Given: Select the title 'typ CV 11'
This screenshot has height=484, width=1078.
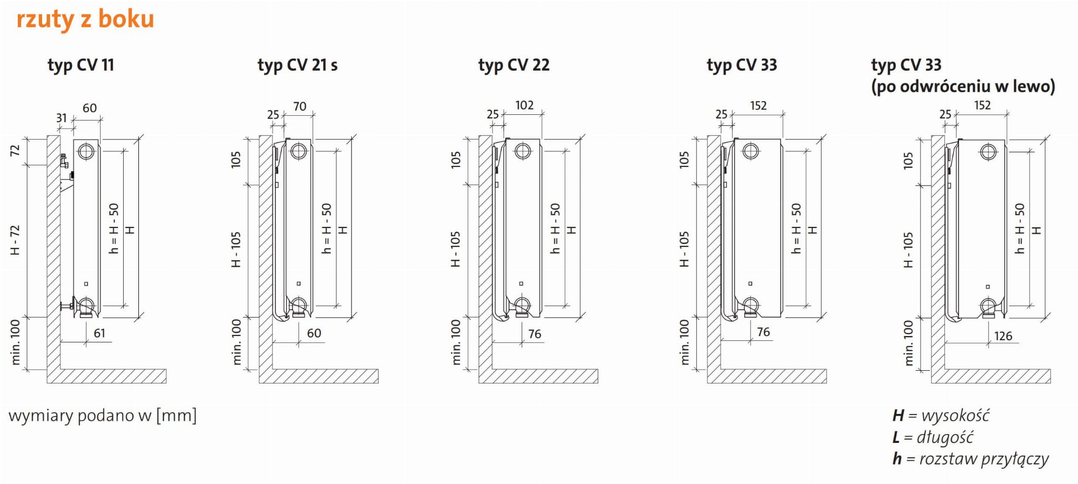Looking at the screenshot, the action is (81, 65).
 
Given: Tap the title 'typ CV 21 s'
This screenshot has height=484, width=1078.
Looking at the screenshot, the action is (297, 65).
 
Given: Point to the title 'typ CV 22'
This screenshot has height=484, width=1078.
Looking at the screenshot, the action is (514, 65).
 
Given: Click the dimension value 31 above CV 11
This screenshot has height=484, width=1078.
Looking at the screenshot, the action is (62, 118).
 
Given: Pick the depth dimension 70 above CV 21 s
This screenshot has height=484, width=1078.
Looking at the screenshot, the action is (300, 106).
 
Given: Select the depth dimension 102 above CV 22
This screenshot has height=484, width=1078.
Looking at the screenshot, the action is (524, 105).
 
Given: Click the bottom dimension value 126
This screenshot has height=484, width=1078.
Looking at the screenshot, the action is (1003, 336).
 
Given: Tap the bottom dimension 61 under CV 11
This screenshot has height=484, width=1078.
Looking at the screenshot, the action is (99, 333).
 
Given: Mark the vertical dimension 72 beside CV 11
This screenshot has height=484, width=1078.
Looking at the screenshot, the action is (15, 150).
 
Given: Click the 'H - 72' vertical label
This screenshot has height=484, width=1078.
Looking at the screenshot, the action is (15, 240).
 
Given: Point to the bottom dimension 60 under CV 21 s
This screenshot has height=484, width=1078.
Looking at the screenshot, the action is (314, 333).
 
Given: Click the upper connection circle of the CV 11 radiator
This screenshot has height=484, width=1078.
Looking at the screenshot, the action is (86, 152).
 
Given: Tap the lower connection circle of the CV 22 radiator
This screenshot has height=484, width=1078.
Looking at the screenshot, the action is (522, 305).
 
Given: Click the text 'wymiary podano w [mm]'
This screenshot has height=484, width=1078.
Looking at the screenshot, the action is (103, 416).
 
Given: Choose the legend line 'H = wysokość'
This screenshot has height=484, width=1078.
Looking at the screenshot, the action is (941, 416).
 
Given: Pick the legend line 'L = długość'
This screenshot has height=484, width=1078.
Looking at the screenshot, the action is (933, 437).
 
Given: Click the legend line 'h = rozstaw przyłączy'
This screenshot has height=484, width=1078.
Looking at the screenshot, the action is (971, 459).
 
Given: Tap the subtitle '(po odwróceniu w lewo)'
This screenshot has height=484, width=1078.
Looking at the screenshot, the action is (963, 86).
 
